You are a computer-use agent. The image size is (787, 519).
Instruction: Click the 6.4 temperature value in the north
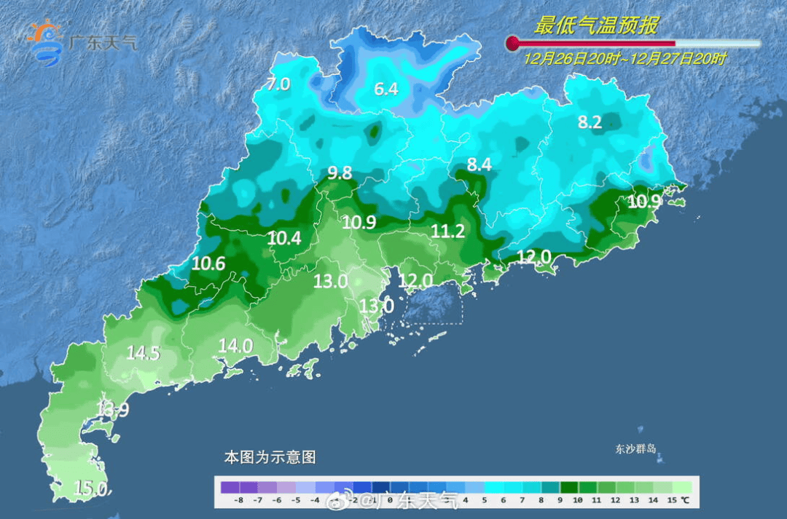(x=386, y=90)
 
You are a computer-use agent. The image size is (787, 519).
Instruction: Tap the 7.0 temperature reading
(x=278, y=84)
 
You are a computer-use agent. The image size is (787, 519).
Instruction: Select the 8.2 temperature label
(x=590, y=123)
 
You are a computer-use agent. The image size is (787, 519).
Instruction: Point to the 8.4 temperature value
(x=479, y=165)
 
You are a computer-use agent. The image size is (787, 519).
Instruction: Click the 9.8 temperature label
(x=340, y=173)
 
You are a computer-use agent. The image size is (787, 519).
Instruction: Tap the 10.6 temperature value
(x=208, y=264)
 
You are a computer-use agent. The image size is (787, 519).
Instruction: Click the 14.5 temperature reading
(x=143, y=353)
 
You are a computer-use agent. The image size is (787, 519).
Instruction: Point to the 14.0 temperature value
(x=235, y=346)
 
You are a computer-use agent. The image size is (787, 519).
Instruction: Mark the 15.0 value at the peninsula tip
(x=91, y=488)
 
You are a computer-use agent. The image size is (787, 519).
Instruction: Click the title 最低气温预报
(x=596, y=26)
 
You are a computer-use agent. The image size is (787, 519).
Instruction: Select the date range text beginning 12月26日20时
(x=624, y=60)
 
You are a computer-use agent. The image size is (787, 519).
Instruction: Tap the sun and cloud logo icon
(x=45, y=41)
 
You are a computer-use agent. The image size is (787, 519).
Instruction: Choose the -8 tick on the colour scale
(x=238, y=501)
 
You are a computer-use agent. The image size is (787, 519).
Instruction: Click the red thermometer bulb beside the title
(x=513, y=43)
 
